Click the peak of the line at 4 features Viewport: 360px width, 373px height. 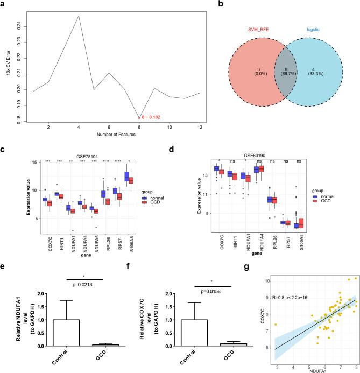pos(79,16)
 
